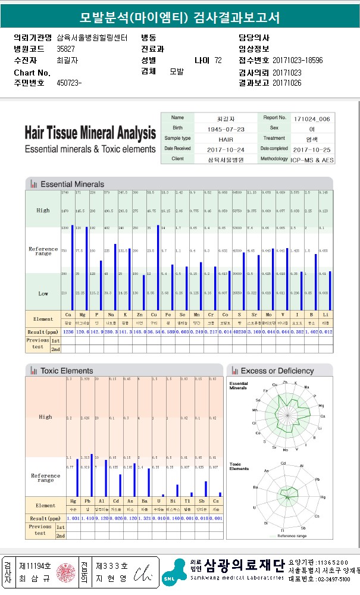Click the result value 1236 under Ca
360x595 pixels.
tap(68, 331)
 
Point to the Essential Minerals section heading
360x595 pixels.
tap(72, 184)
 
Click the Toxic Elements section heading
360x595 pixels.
tap(67, 371)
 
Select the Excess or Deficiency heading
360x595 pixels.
tap(277, 371)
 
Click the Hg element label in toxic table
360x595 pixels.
tap(73, 502)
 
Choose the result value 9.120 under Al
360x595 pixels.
tap(102, 518)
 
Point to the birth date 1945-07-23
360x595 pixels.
tap(210, 129)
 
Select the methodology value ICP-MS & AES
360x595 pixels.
tap(312, 159)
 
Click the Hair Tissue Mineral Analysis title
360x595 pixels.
tap(90, 133)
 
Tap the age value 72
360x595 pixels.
tap(218, 61)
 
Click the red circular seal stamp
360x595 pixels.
tap(62, 573)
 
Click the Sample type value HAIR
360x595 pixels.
tap(210, 139)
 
